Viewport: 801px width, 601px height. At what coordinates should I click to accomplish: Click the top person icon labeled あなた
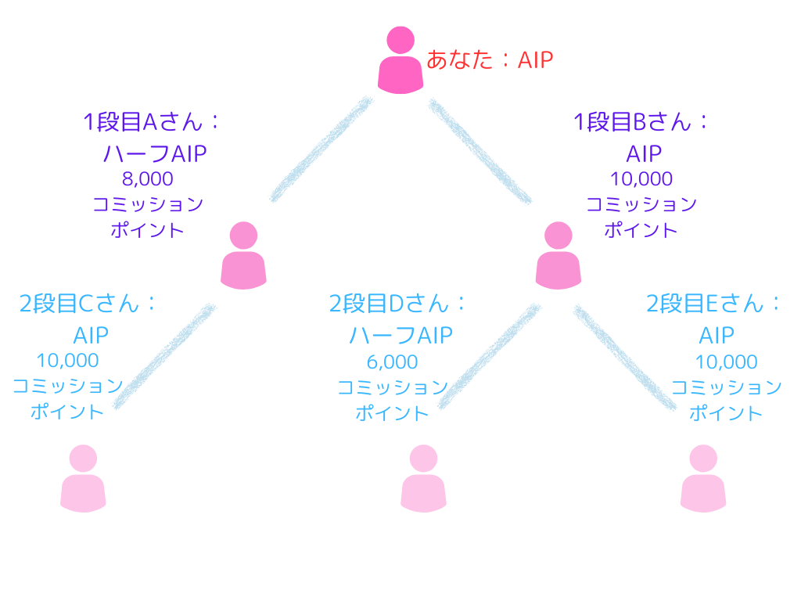click(400, 60)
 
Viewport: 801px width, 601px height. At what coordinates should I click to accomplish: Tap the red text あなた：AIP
click(490, 60)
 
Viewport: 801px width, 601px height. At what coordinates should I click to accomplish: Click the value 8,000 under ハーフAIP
click(148, 179)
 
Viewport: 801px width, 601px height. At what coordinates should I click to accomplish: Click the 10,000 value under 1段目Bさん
click(641, 179)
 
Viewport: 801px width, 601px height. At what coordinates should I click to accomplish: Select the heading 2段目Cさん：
click(88, 304)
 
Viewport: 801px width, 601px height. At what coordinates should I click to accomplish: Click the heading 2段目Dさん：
click(398, 304)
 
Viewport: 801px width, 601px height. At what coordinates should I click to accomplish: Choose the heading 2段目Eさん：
click(714, 304)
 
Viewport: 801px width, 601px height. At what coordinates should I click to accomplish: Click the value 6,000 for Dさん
click(392, 362)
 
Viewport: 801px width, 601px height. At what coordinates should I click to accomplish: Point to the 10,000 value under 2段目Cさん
click(68, 361)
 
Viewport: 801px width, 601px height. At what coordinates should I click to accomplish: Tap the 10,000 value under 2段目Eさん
click(726, 362)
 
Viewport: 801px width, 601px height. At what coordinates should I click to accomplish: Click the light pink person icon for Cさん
click(83, 478)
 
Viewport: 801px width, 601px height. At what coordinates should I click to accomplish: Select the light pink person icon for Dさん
click(423, 478)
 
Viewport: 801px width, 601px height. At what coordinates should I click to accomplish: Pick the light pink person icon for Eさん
click(703, 478)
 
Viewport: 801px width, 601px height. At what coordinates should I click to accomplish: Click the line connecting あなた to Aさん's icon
click(321, 149)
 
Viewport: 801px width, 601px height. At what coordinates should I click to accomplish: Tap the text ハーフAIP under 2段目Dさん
click(400, 336)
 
